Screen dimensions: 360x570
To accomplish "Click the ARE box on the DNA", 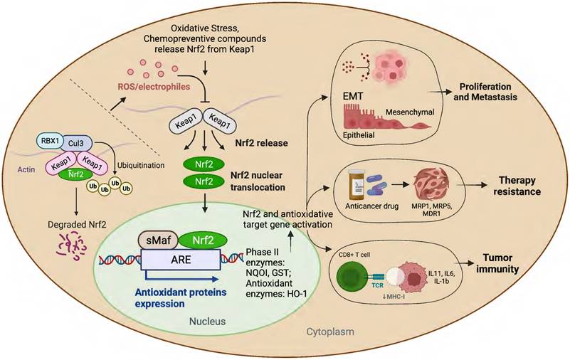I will tap(181, 261).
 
